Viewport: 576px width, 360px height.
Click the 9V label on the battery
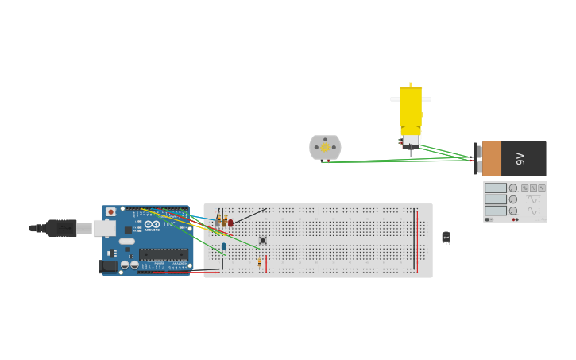coord(520,158)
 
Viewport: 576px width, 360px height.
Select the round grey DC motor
coord(325,147)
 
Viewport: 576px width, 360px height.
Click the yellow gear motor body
coord(410,107)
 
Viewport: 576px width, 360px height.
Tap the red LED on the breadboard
coord(230,223)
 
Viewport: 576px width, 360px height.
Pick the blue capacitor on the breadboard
coord(224,246)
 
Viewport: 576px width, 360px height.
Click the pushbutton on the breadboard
coord(262,240)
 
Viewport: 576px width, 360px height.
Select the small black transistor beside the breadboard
coord(446,237)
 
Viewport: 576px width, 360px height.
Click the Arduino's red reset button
coord(110,212)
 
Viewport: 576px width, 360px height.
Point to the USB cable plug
coord(60,228)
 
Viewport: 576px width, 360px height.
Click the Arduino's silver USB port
coord(104,228)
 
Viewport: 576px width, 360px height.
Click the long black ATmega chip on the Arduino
coord(164,254)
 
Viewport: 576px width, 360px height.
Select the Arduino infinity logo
coord(152,225)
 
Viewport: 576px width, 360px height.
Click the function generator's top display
coord(495,188)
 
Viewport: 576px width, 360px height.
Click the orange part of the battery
coord(492,158)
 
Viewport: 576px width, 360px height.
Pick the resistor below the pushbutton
coord(259,262)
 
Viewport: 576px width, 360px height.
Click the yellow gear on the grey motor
coord(325,148)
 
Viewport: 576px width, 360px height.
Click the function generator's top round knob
coord(513,188)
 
